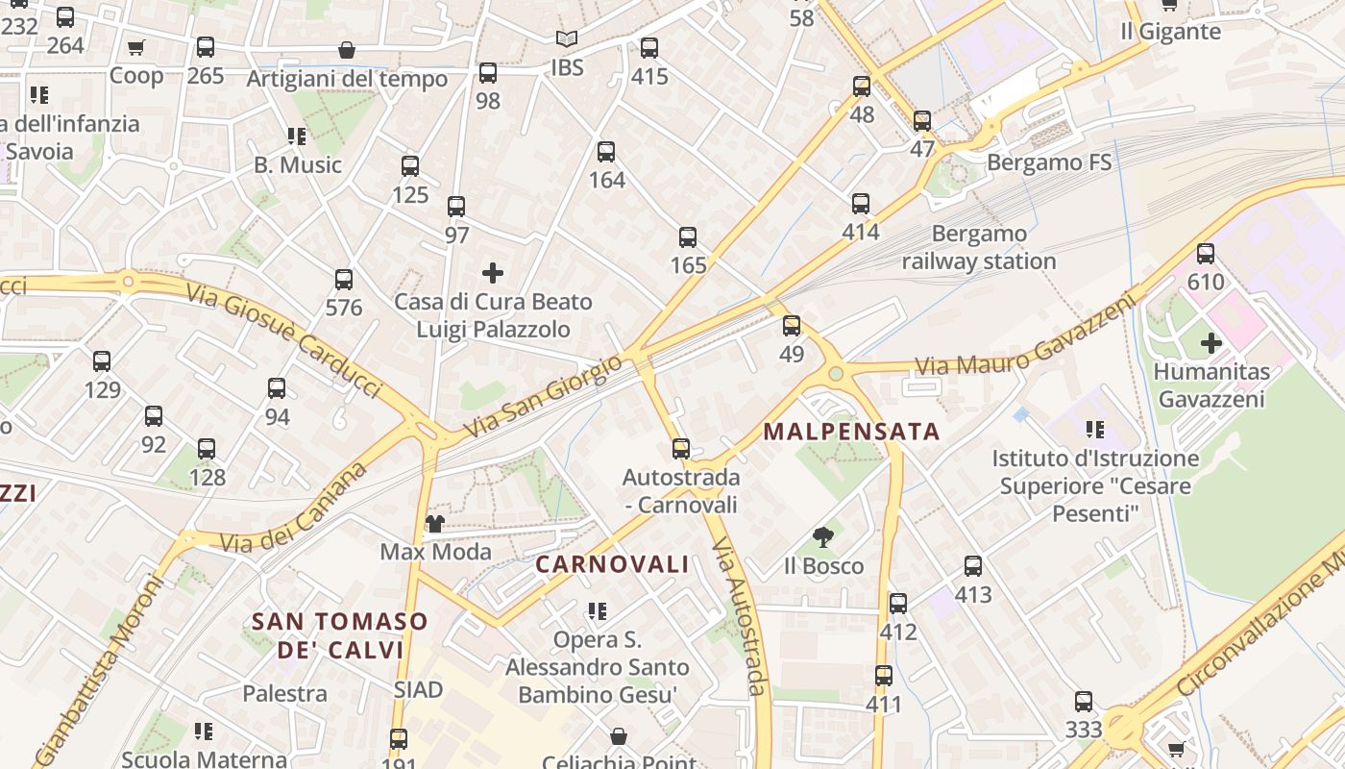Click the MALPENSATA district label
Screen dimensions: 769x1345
[x=851, y=432]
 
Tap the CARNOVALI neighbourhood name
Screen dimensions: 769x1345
[x=612, y=564]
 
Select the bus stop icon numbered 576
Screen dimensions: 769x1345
[x=344, y=280]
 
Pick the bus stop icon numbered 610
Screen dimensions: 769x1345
[x=1206, y=254]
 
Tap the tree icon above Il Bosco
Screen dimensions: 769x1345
[x=822, y=537]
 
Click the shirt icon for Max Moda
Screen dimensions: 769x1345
[x=435, y=524]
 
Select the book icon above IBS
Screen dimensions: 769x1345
[x=567, y=39]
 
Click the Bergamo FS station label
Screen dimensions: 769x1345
[x=1049, y=162]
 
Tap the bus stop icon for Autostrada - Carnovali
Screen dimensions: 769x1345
[x=681, y=449]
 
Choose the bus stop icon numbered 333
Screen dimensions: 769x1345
[x=1084, y=702]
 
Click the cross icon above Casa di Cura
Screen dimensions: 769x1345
[x=493, y=273]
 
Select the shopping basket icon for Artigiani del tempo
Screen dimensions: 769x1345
[x=347, y=50]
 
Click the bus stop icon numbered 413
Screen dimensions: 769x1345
[x=973, y=566]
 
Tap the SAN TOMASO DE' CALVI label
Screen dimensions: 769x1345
[x=339, y=635]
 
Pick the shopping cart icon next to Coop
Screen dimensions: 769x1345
[x=136, y=47]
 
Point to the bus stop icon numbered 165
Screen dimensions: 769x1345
[x=688, y=237]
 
